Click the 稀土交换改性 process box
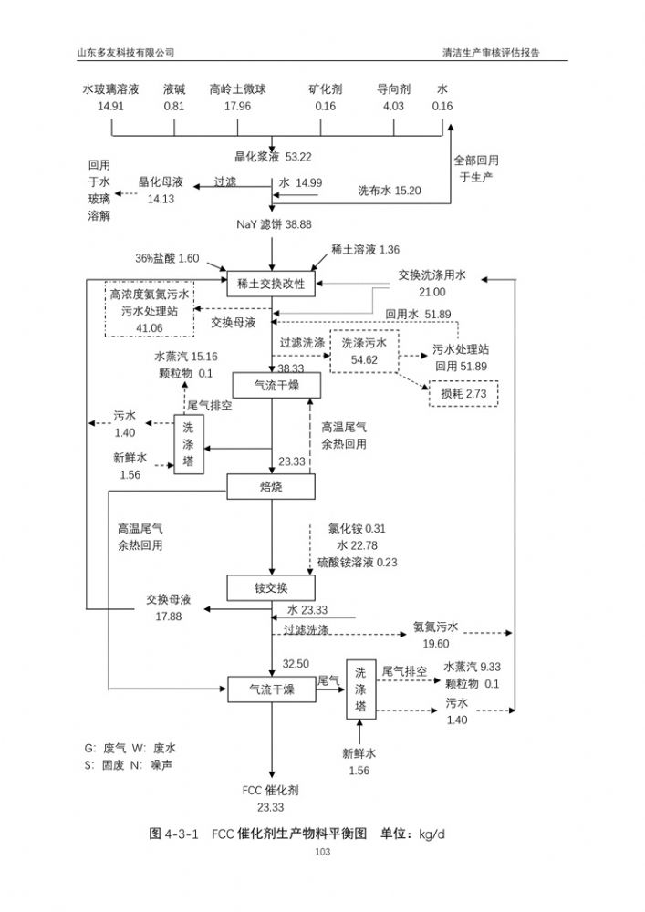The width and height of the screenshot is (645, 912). coord(271,284)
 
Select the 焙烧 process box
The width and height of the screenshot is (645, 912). coord(271,487)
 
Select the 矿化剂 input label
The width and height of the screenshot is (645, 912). coord(325,89)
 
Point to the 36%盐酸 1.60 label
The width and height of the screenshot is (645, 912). coord(167,258)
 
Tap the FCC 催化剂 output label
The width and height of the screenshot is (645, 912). coord(270,790)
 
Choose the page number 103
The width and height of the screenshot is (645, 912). coord(322,852)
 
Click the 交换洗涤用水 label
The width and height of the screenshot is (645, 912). coord(432,275)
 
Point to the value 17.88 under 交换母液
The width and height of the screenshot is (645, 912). coord(169,617)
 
